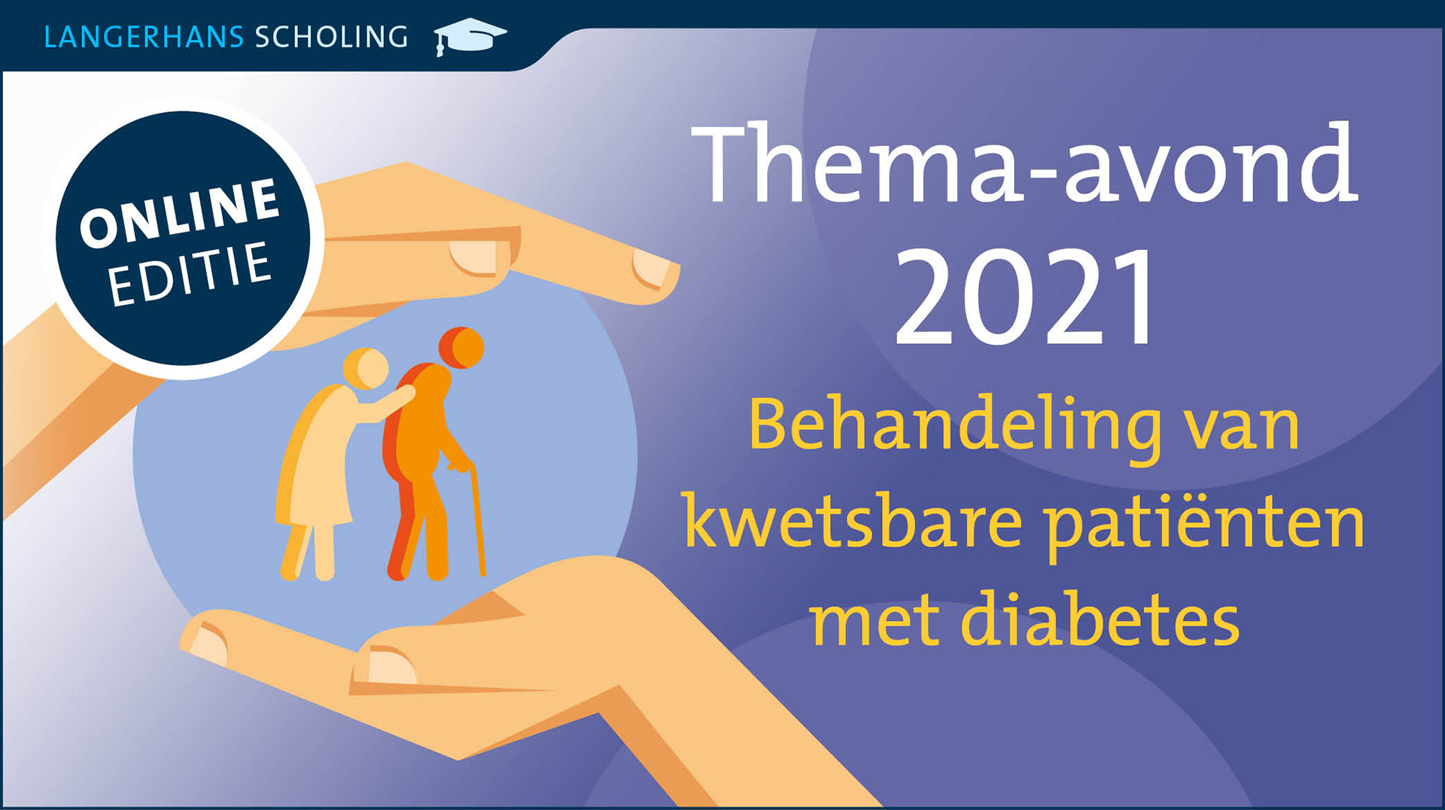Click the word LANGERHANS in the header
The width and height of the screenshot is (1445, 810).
(144, 37)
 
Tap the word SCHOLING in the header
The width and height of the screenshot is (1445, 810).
(332, 37)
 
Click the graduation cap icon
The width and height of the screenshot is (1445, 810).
(470, 36)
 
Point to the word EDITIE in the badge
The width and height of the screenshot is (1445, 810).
(190, 274)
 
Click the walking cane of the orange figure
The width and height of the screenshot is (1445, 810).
(477, 519)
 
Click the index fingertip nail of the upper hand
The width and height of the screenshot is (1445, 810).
(650, 268)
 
